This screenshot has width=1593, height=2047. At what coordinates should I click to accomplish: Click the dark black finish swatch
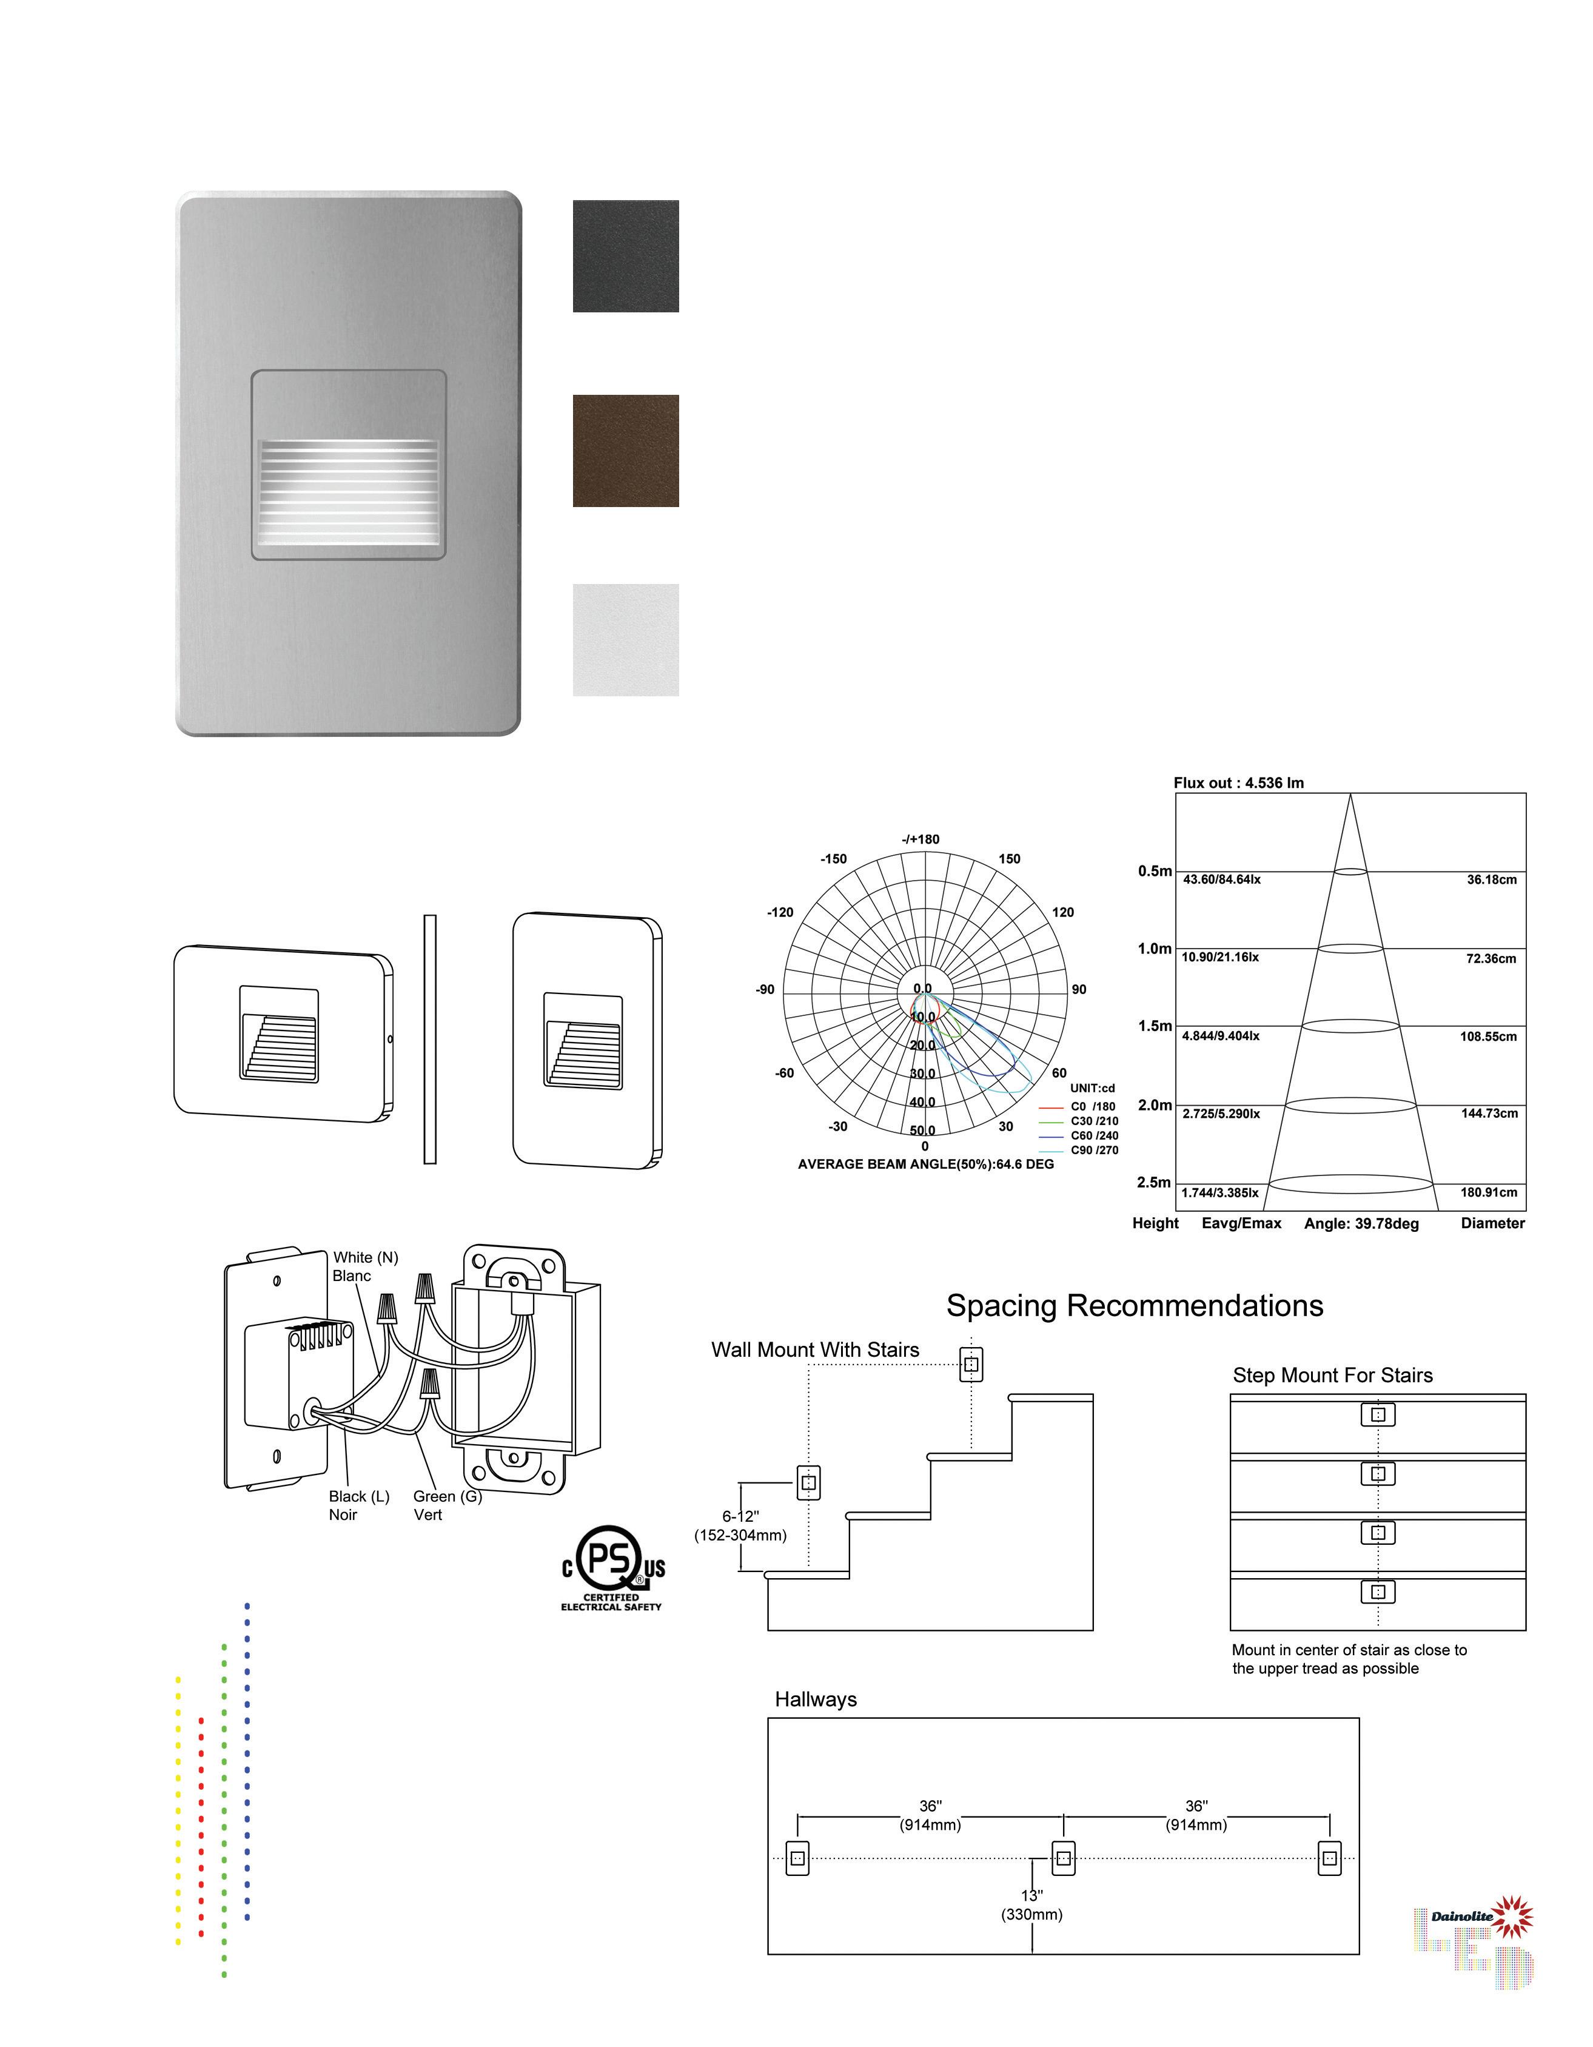coord(625,256)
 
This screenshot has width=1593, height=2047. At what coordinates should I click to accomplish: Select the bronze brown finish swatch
coord(625,451)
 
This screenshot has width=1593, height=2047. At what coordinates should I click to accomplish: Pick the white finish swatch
coord(625,640)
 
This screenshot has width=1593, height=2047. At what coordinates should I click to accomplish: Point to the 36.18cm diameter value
coord(1491,879)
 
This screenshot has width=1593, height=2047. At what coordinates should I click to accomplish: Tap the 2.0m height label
coord(1155,1105)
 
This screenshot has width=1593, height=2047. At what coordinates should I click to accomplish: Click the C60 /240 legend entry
coord(1093,1136)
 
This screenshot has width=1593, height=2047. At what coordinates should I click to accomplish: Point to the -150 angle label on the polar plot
coord(833,859)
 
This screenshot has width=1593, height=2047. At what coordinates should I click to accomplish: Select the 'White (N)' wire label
coord(366,1258)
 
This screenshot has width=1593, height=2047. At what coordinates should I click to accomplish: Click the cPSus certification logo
coord(612,1566)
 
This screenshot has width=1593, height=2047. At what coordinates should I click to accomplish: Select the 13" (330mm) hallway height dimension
coord(1031,1906)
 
